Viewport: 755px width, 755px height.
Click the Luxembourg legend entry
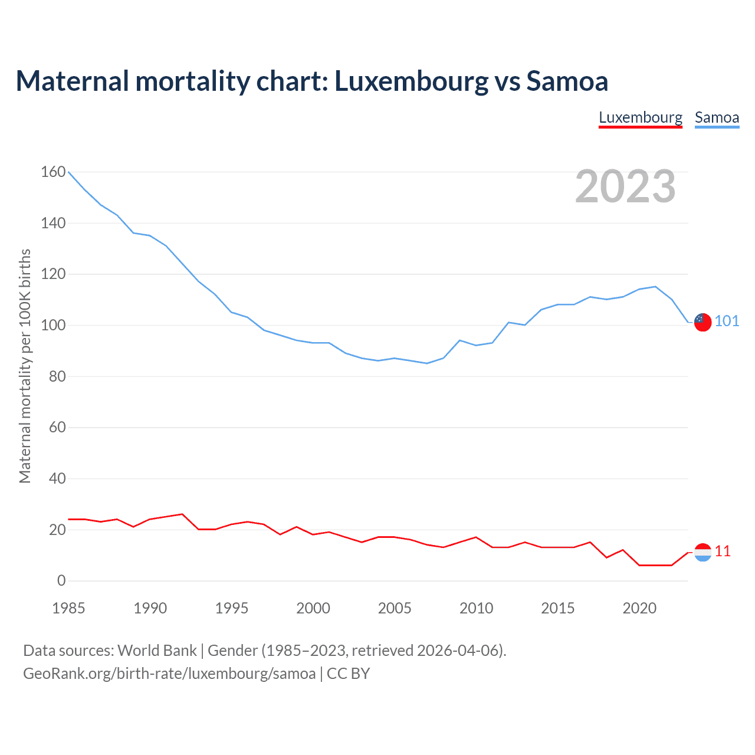pyautogui.click(x=641, y=117)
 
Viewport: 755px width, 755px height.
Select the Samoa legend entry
pyautogui.click(x=717, y=117)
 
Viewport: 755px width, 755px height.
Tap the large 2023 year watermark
pyautogui.click(x=625, y=186)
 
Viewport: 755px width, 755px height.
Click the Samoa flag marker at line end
pyautogui.click(x=703, y=322)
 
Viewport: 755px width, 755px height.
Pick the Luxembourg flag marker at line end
pyautogui.click(x=703, y=552)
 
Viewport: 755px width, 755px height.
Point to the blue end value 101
pyautogui.click(x=727, y=321)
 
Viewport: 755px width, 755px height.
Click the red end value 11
pyautogui.click(x=723, y=551)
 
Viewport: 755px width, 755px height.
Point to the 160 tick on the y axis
pyautogui.click(x=53, y=172)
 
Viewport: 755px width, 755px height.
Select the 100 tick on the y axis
pyautogui.click(x=53, y=325)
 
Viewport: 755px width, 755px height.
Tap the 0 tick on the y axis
pyautogui.click(x=61, y=580)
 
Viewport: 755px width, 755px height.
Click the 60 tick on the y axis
pyautogui.click(x=57, y=427)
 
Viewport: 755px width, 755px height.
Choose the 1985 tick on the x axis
pyautogui.click(x=68, y=608)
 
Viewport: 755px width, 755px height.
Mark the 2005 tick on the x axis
pyautogui.click(x=395, y=608)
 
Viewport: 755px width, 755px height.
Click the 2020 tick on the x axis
pyautogui.click(x=639, y=608)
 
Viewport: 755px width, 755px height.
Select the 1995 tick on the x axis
pyautogui.click(x=232, y=608)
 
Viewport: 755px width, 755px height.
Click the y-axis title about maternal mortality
pyautogui.click(x=25, y=366)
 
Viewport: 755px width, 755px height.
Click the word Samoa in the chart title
pyautogui.click(x=567, y=81)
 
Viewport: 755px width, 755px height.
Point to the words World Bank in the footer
pyautogui.click(x=157, y=651)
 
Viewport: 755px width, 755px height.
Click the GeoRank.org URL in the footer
pyautogui.click(x=169, y=674)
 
